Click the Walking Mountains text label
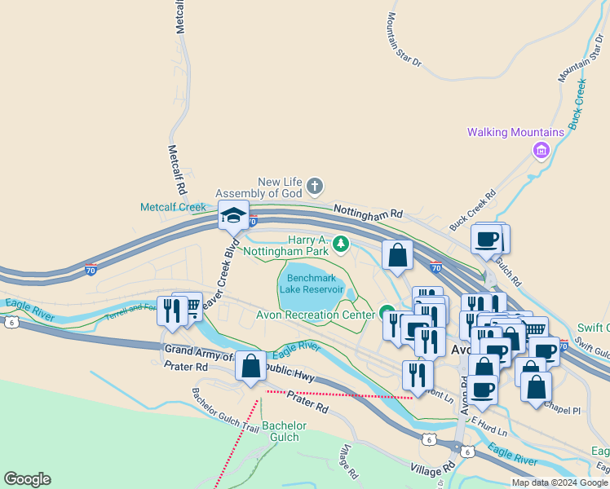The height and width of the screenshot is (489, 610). click(x=515, y=133)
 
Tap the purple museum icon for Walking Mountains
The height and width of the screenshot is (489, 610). click(x=539, y=150)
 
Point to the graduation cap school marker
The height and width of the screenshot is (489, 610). click(x=234, y=215)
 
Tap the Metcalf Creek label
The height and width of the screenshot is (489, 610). click(x=174, y=207)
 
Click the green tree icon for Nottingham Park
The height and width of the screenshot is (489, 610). click(x=340, y=243)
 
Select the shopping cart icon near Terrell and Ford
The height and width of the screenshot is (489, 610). click(x=192, y=307)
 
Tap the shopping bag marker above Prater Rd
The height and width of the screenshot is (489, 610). click(x=250, y=365)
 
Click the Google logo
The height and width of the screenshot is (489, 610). click(x=27, y=479)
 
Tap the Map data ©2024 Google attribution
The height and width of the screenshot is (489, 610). click(x=559, y=482)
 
